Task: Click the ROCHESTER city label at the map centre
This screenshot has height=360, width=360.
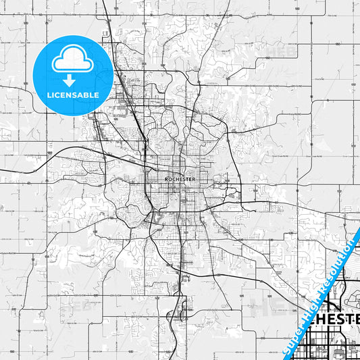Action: [x=180, y=179]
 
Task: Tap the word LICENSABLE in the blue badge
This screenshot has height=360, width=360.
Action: [x=73, y=95]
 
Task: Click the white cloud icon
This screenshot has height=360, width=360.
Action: [x=72, y=61]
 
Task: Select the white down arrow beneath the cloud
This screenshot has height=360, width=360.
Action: [x=72, y=79]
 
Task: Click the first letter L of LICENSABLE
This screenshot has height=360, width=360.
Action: [x=49, y=95]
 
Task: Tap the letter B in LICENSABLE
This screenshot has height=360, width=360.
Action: [x=85, y=95]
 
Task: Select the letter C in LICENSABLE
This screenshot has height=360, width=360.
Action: [x=59, y=95]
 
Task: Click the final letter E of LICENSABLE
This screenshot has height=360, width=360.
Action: [x=97, y=95]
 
